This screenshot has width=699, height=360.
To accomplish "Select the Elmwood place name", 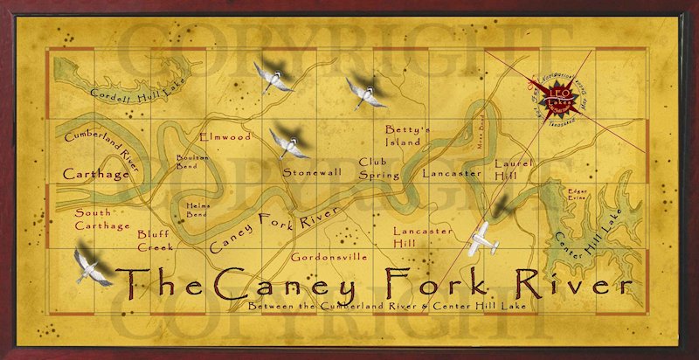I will tap(225, 137).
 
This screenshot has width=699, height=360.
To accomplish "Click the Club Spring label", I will tap(379, 168).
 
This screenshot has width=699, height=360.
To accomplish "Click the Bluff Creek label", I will tap(155, 240).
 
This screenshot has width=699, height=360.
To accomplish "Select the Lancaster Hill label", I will tap(422, 236).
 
